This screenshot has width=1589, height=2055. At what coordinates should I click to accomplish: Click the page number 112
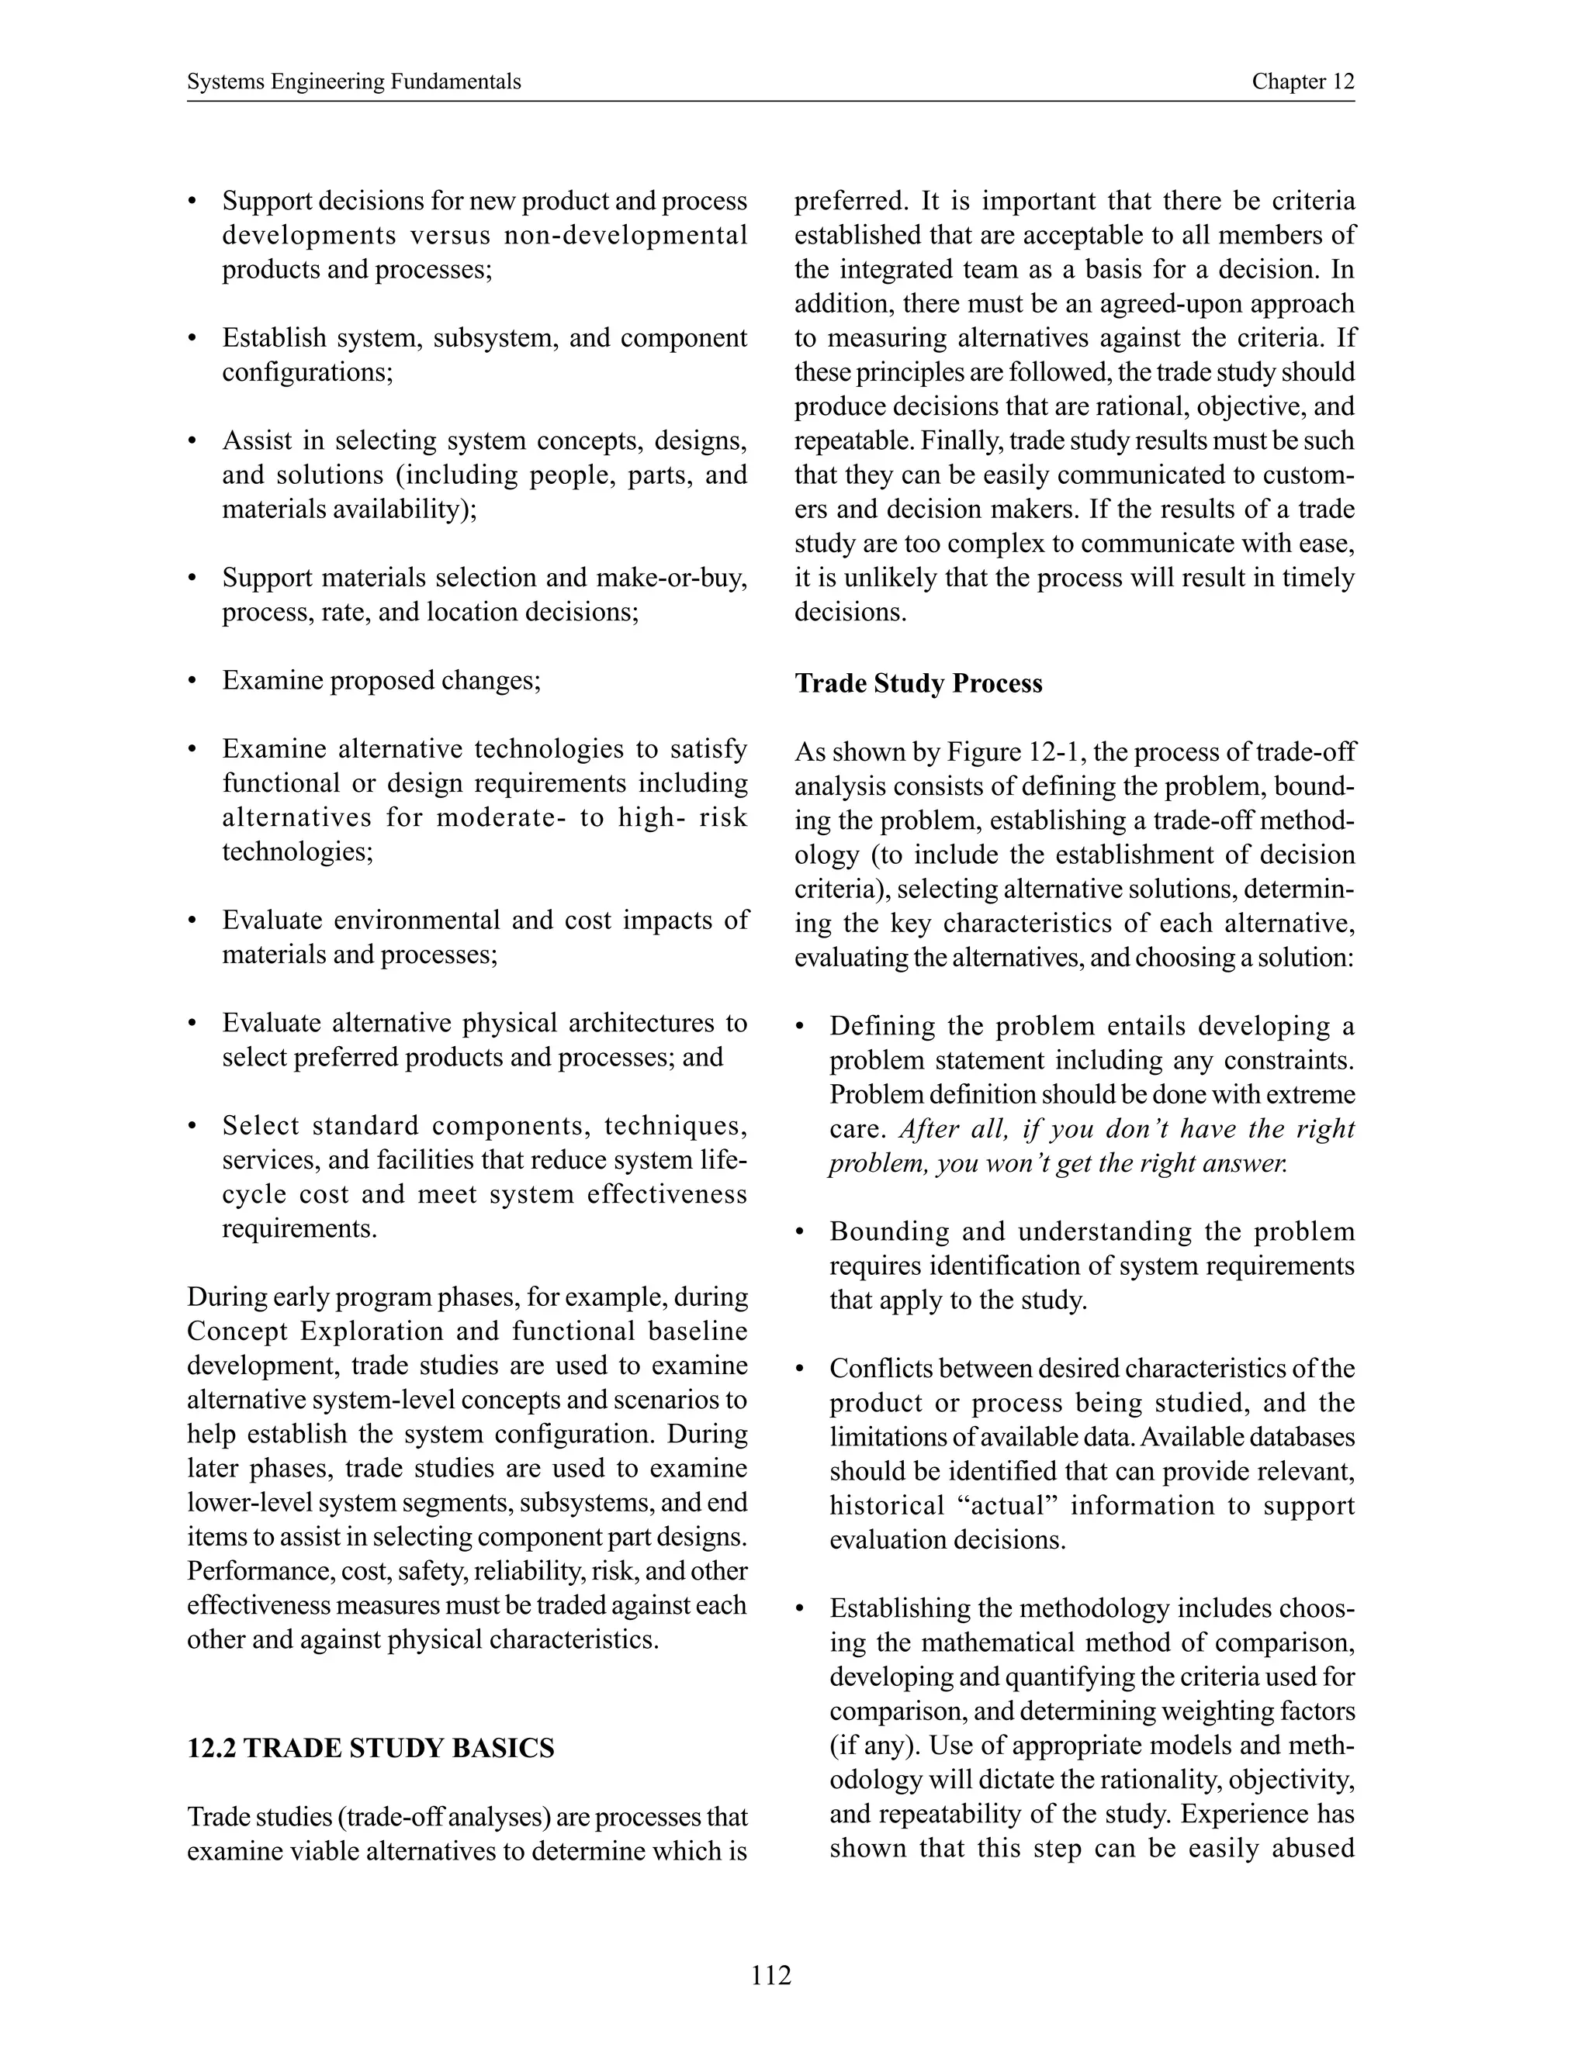point(771,1974)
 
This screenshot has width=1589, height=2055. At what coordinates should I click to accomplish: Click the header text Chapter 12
point(1302,82)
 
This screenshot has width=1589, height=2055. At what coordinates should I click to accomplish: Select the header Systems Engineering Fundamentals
point(354,82)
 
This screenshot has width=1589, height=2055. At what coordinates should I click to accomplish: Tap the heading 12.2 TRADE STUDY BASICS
point(371,1748)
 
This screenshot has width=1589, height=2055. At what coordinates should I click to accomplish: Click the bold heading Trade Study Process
point(918,683)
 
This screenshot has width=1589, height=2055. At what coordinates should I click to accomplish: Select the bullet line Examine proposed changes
point(381,680)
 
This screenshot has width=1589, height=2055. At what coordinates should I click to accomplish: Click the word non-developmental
point(626,235)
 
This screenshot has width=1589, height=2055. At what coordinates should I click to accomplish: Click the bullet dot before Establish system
point(193,339)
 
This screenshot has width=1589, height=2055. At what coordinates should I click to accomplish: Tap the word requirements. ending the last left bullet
point(299,1229)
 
